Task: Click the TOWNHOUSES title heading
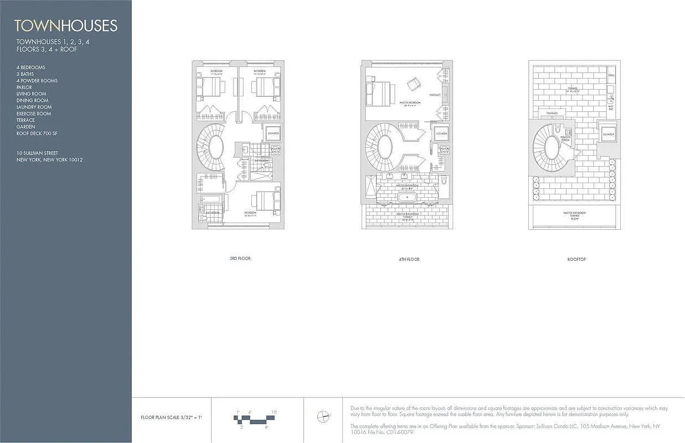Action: [x=66, y=25]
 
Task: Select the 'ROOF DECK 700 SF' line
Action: [x=37, y=133]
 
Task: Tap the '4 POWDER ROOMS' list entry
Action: [x=37, y=81]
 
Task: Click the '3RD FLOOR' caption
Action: [x=240, y=259]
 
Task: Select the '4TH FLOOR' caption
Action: [x=408, y=259]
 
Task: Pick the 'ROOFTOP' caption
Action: [x=576, y=259]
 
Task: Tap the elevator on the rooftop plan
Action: [x=608, y=134]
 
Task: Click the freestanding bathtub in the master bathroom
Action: [x=408, y=197]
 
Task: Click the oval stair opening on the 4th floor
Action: [x=385, y=147]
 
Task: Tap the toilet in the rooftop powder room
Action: [x=558, y=130]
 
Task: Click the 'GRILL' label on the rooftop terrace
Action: [x=611, y=75]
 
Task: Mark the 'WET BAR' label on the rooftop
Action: [x=611, y=107]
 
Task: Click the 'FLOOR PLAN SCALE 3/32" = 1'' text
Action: [x=172, y=418]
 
